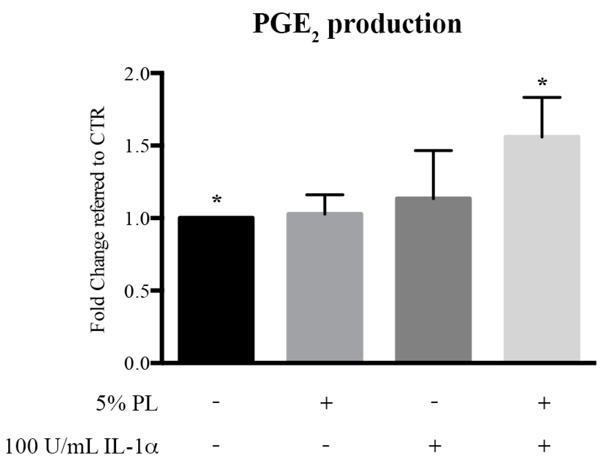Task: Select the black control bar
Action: tap(216, 289)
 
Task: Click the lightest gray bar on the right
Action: tap(542, 248)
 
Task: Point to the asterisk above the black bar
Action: tap(217, 200)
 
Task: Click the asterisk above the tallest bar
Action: tap(542, 83)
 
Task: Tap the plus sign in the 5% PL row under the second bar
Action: tap(326, 403)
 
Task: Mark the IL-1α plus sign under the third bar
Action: tap(434, 446)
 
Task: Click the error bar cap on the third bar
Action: tap(433, 150)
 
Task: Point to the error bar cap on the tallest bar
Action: tap(542, 97)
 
